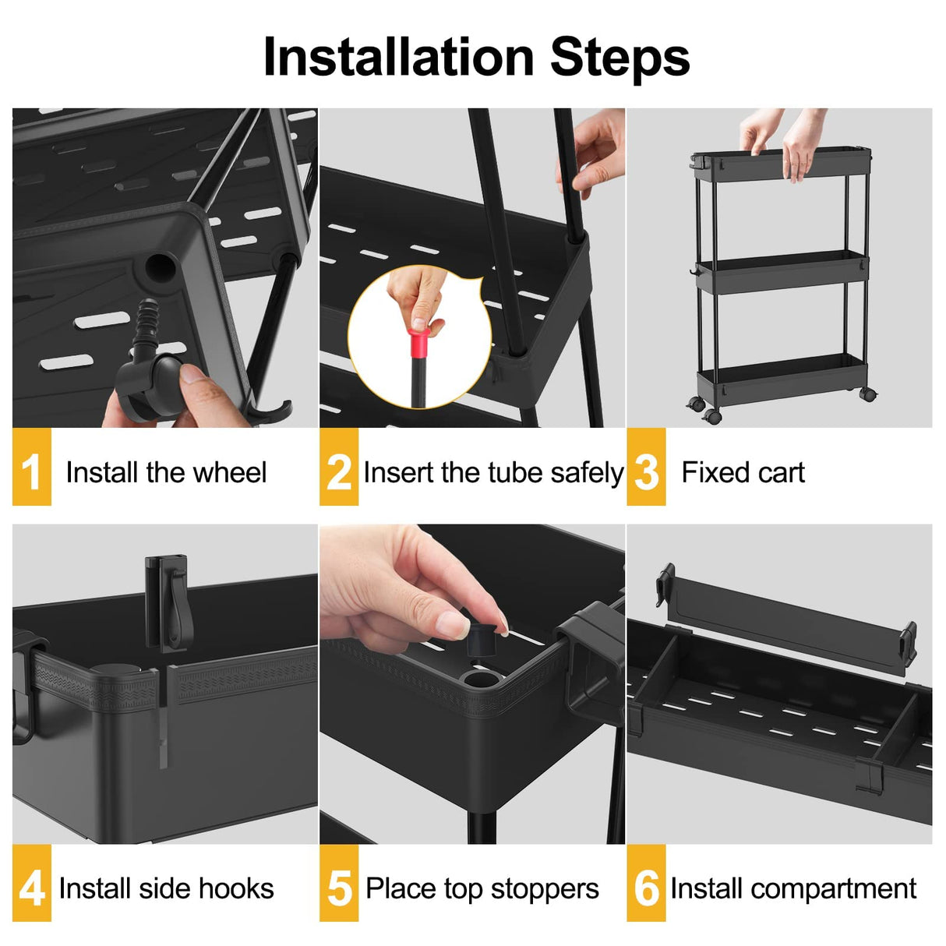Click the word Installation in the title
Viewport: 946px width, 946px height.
[x=400, y=58]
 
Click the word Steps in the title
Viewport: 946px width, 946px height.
[x=619, y=58]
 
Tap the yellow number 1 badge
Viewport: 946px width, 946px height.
[x=31, y=470]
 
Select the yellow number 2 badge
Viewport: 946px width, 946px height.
[x=339, y=470]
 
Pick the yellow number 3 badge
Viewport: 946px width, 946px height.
[x=646, y=470]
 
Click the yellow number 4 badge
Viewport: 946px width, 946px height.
[x=31, y=887]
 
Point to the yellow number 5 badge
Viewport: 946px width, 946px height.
[x=339, y=887]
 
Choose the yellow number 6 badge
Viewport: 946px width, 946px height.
[x=646, y=887]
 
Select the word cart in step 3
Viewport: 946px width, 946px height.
[x=782, y=472]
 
